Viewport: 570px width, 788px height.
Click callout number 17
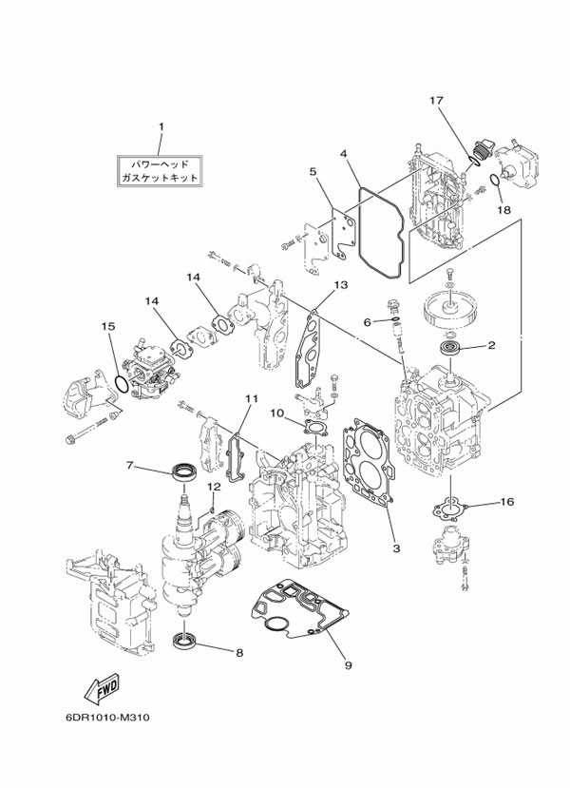point(436,101)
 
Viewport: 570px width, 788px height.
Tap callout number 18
point(503,209)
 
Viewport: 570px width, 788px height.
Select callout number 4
point(343,152)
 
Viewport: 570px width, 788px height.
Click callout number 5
point(312,172)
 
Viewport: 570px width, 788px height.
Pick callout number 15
point(109,326)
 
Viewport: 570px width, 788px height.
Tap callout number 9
point(348,664)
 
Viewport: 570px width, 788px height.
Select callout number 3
point(395,548)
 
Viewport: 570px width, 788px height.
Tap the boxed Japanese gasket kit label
point(161,169)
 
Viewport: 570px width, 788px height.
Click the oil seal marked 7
point(184,470)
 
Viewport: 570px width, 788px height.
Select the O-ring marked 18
point(494,181)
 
